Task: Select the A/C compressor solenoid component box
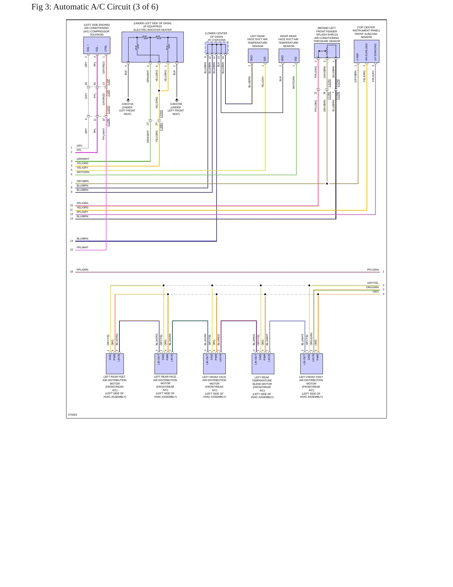pyautogui.click(x=97, y=46)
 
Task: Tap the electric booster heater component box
pyautogui.click(x=153, y=47)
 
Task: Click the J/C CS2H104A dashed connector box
pyautogui.click(x=217, y=48)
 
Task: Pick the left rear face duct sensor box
pyautogui.click(x=258, y=56)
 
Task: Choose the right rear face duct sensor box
pyautogui.click(x=289, y=56)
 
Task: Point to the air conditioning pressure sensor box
pyautogui.click(x=327, y=51)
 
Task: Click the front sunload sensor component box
pyautogui.click(x=366, y=51)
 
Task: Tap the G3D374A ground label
pyautogui.click(x=128, y=104)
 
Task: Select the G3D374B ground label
pyautogui.click(x=176, y=104)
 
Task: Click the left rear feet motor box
pyautogui.click(x=115, y=364)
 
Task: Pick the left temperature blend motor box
pyautogui.click(x=263, y=364)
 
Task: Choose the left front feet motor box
pyautogui.click(x=312, y=364)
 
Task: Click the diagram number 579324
pyautogui.click(x=73, y=415)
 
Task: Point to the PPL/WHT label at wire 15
pyautogui.click(x=82, y=247)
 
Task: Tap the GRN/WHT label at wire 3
pyautogui.click(x=83, y=159)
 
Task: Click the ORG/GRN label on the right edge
pyautogui.click(x=372, y=287)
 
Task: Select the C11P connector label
pyautogui.click(x=108, y=82)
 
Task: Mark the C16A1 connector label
pyautogui.click(x=161, y=114)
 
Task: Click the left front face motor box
pyautogui.click(x=214, y=364)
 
